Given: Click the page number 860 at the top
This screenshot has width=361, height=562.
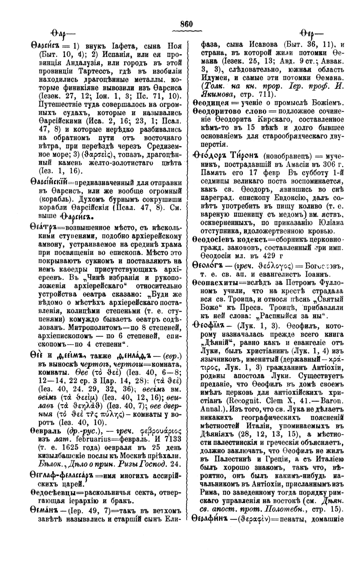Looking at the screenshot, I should [x=186, y=24].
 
